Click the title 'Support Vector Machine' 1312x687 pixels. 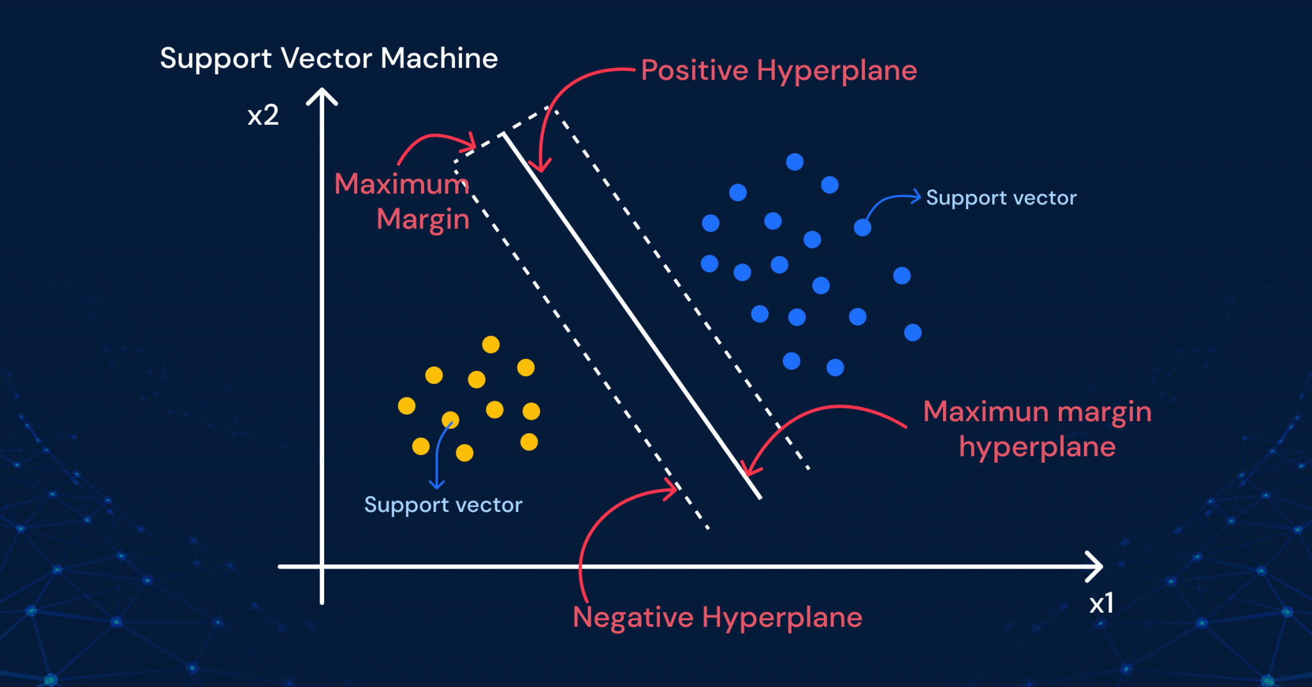coord(329,59)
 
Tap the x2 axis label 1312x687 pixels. coord(263,115)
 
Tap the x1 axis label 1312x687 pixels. coord(1101,603)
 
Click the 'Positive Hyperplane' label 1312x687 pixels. coord(779,70)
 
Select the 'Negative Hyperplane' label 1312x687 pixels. coord(717,618)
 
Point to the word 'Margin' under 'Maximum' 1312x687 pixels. coord(423,220)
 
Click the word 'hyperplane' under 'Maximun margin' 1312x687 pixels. coord(1037,447)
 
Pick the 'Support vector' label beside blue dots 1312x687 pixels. coord(1001,197)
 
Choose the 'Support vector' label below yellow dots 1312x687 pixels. coord(443,505)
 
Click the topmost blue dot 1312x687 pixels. coord(794,161)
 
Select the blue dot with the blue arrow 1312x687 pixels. coord(862,228)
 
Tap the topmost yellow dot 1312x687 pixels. coord(491,345)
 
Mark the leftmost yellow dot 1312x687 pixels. coord(407,406)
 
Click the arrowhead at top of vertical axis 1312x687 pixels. coord(322,96)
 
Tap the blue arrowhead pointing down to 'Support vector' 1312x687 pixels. coord(437,484)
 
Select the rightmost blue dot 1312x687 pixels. coord(913,333)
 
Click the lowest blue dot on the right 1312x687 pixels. coord(835,367)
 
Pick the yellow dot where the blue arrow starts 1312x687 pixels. coord(450,420)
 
